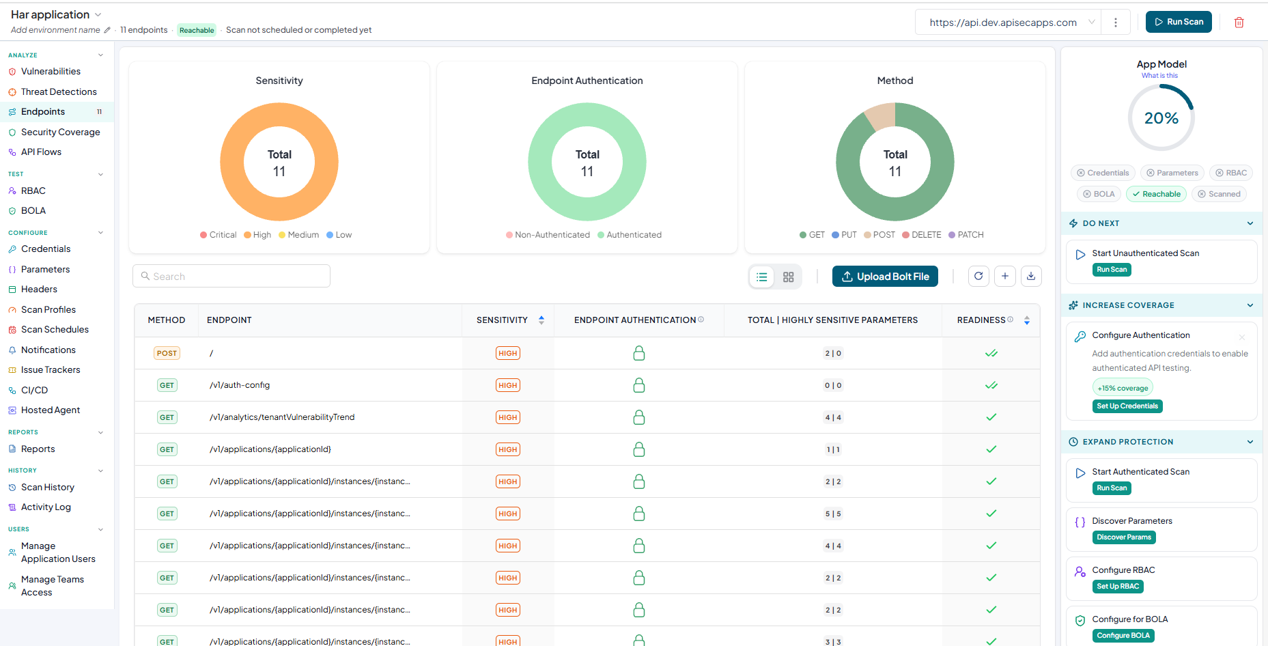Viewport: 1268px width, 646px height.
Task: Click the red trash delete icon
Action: [x=1239, y=23]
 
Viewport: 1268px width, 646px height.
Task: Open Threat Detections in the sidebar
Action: [x=59, y=92]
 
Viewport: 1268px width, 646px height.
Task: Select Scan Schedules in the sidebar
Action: [x=55, y=329]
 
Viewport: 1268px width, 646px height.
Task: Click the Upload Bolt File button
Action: [x=885, y=277]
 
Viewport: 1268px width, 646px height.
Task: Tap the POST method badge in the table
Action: [x=167, y=353]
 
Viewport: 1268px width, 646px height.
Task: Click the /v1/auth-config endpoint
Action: [x=240, y=385]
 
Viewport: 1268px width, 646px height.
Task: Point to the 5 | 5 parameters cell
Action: [x=833, y=514]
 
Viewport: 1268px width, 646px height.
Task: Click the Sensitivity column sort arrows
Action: [x=541, y=320]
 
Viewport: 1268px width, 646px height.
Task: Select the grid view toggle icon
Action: [x=788, y=277]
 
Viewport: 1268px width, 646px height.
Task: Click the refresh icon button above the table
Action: [x=978, y=276]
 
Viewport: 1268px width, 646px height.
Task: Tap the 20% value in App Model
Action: [x=1161, y=118]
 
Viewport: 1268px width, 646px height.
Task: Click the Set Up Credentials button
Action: [x=1127, y=406]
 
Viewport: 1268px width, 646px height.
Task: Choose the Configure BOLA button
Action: [x=1123, y=636]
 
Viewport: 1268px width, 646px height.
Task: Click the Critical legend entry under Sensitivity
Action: [x=219, y=235]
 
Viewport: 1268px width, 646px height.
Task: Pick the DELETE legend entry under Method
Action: [x=922, y=235]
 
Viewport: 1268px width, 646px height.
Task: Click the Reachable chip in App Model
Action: [x=1156, y=194]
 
